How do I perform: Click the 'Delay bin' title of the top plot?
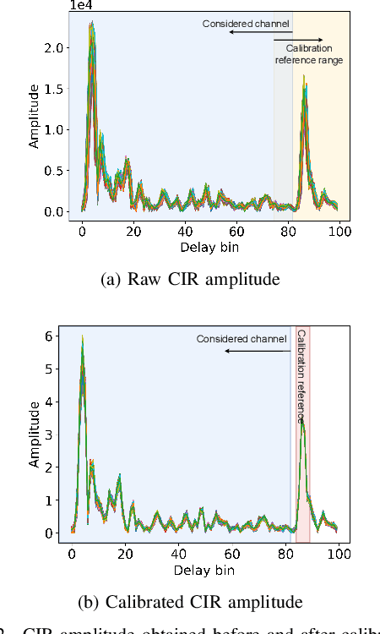pos(210,247)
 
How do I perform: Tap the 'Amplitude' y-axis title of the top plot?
pos(35,116)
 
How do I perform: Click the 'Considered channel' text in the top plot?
pos(247,23)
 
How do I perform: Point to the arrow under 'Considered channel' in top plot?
pos(260,32)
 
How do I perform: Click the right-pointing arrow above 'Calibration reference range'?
pos(308,40)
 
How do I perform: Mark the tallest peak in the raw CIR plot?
pos(92,25)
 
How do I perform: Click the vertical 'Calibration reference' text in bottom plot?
pos(302,376)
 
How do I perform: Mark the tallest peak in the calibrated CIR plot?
pos(82,338)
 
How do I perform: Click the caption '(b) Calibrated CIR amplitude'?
pos(190,602)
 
